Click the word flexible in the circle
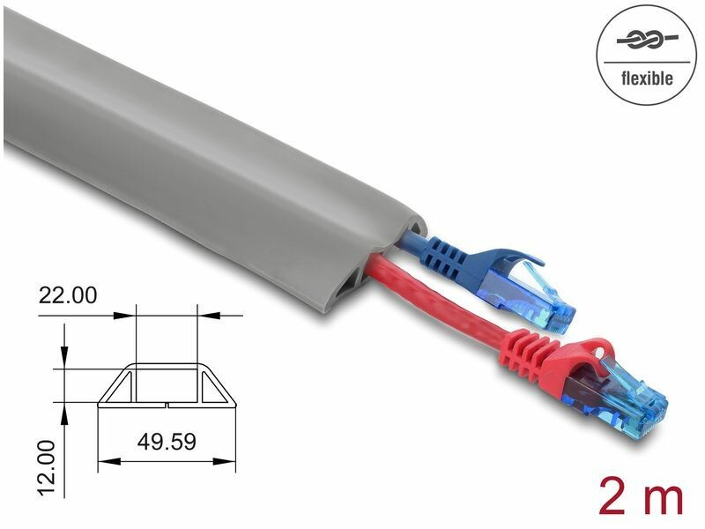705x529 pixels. tap(647, 78)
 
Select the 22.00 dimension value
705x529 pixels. tap(68, 295)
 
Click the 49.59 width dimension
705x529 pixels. tap(167, 442)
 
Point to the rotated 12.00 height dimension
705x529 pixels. tap(46, 469)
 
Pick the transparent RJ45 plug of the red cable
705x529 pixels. tap(629, 396)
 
